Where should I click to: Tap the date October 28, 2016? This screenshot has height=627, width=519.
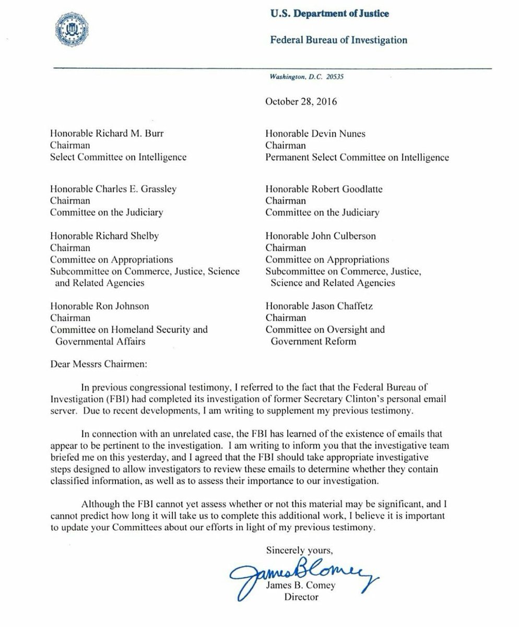[x=301, y=101]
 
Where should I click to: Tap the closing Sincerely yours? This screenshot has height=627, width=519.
[x=299, y=549]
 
